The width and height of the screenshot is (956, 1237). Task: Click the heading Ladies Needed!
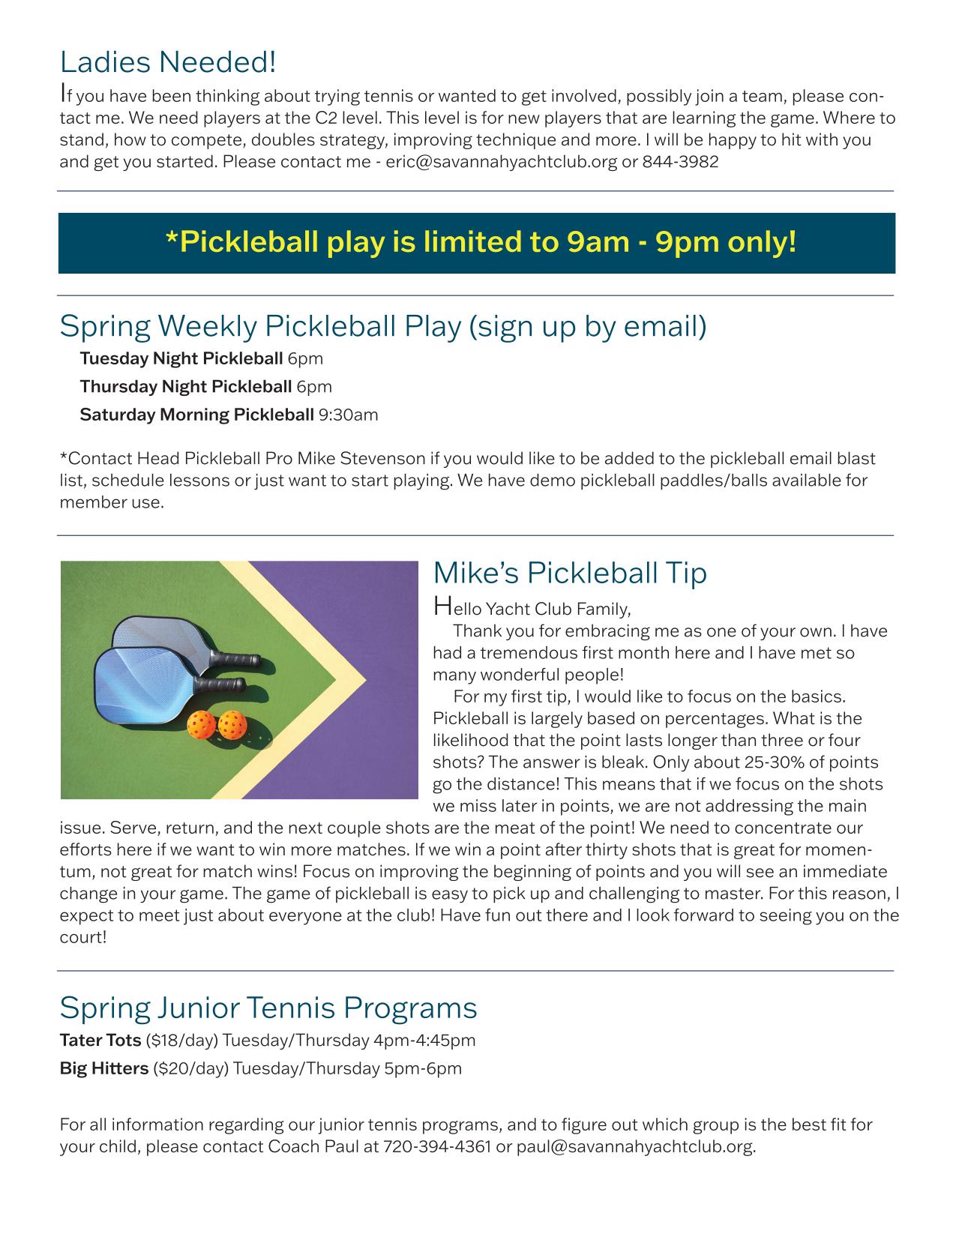click(168, 62)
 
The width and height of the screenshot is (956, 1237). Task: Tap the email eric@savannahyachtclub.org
click(501, 162)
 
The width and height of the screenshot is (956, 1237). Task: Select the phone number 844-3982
click(680, 162)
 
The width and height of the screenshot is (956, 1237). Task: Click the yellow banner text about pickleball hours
click(480, 242)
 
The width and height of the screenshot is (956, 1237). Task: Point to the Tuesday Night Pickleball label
click(181, 358)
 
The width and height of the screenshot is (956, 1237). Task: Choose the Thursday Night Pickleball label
click(185, 387)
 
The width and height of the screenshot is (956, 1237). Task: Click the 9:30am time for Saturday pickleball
click(348, 415)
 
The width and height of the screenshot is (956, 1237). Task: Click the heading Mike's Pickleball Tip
click(570, 574)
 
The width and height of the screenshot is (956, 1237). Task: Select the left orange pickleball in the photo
click(202, 723)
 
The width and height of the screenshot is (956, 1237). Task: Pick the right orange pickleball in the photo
click(232, 723)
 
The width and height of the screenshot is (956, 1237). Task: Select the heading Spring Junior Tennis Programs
click(268, 1007)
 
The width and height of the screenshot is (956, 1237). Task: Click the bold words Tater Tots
click(100, 1041)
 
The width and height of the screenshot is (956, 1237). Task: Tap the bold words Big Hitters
click(104, 1068)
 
